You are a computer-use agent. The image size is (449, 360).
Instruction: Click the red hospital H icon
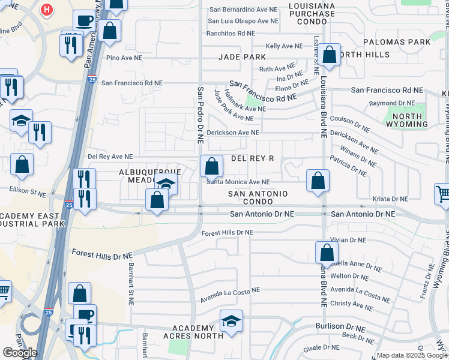tap(47, 10)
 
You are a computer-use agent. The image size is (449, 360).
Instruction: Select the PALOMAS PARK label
tap(397, 42)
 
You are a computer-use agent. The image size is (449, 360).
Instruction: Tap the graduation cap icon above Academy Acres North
tap(231, 321)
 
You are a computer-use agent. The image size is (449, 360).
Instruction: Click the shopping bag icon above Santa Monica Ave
tap(211, 166)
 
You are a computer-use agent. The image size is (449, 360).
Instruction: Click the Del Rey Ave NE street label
tap(110, 156)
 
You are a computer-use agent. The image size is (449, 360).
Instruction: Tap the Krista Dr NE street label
tap(390, 199)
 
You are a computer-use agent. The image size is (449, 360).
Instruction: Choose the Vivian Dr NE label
tap(348, 239)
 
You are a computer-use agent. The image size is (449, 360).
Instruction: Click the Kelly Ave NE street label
tap(285, 46)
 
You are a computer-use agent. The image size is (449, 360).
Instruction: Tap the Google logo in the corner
tap(20, 352)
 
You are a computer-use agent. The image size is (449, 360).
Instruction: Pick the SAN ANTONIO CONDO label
tap(258, 197)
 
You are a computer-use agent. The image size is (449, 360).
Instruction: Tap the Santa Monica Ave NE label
tap(238, 182)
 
